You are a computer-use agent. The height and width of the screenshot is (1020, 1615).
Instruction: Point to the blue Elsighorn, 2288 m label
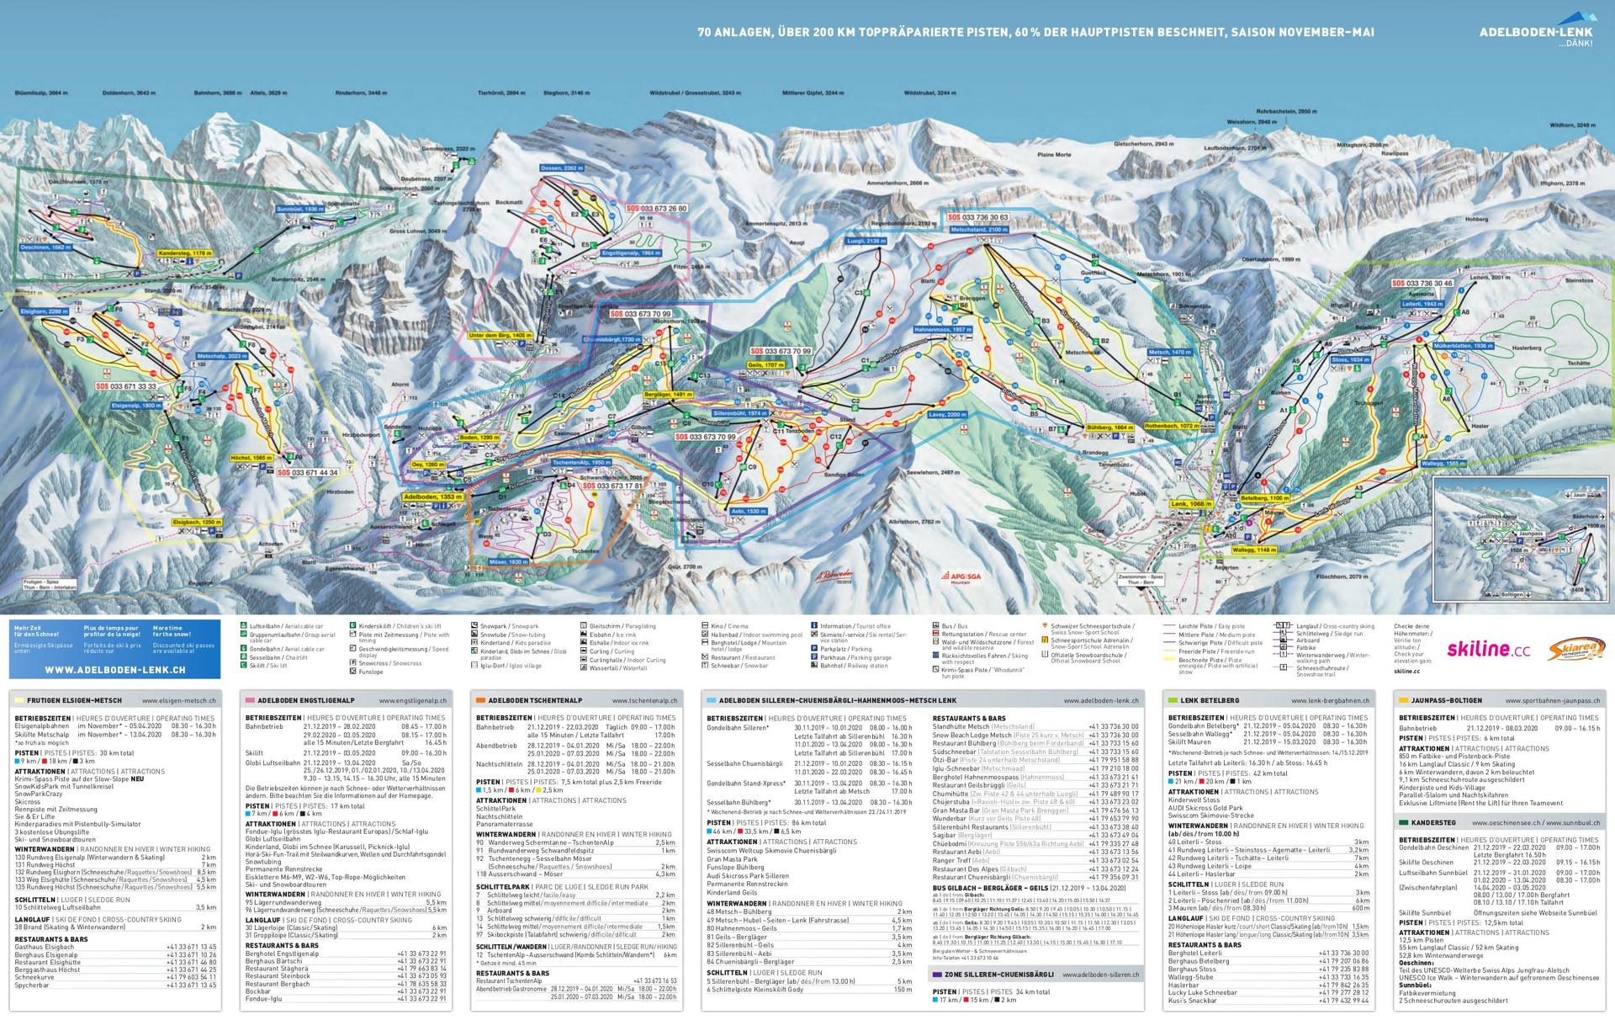(x=42, y=311)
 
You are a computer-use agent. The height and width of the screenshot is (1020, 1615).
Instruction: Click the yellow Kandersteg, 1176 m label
(x=184, y=252)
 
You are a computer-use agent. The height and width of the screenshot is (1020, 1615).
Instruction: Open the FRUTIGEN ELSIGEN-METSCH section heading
(x=74, y=700)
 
